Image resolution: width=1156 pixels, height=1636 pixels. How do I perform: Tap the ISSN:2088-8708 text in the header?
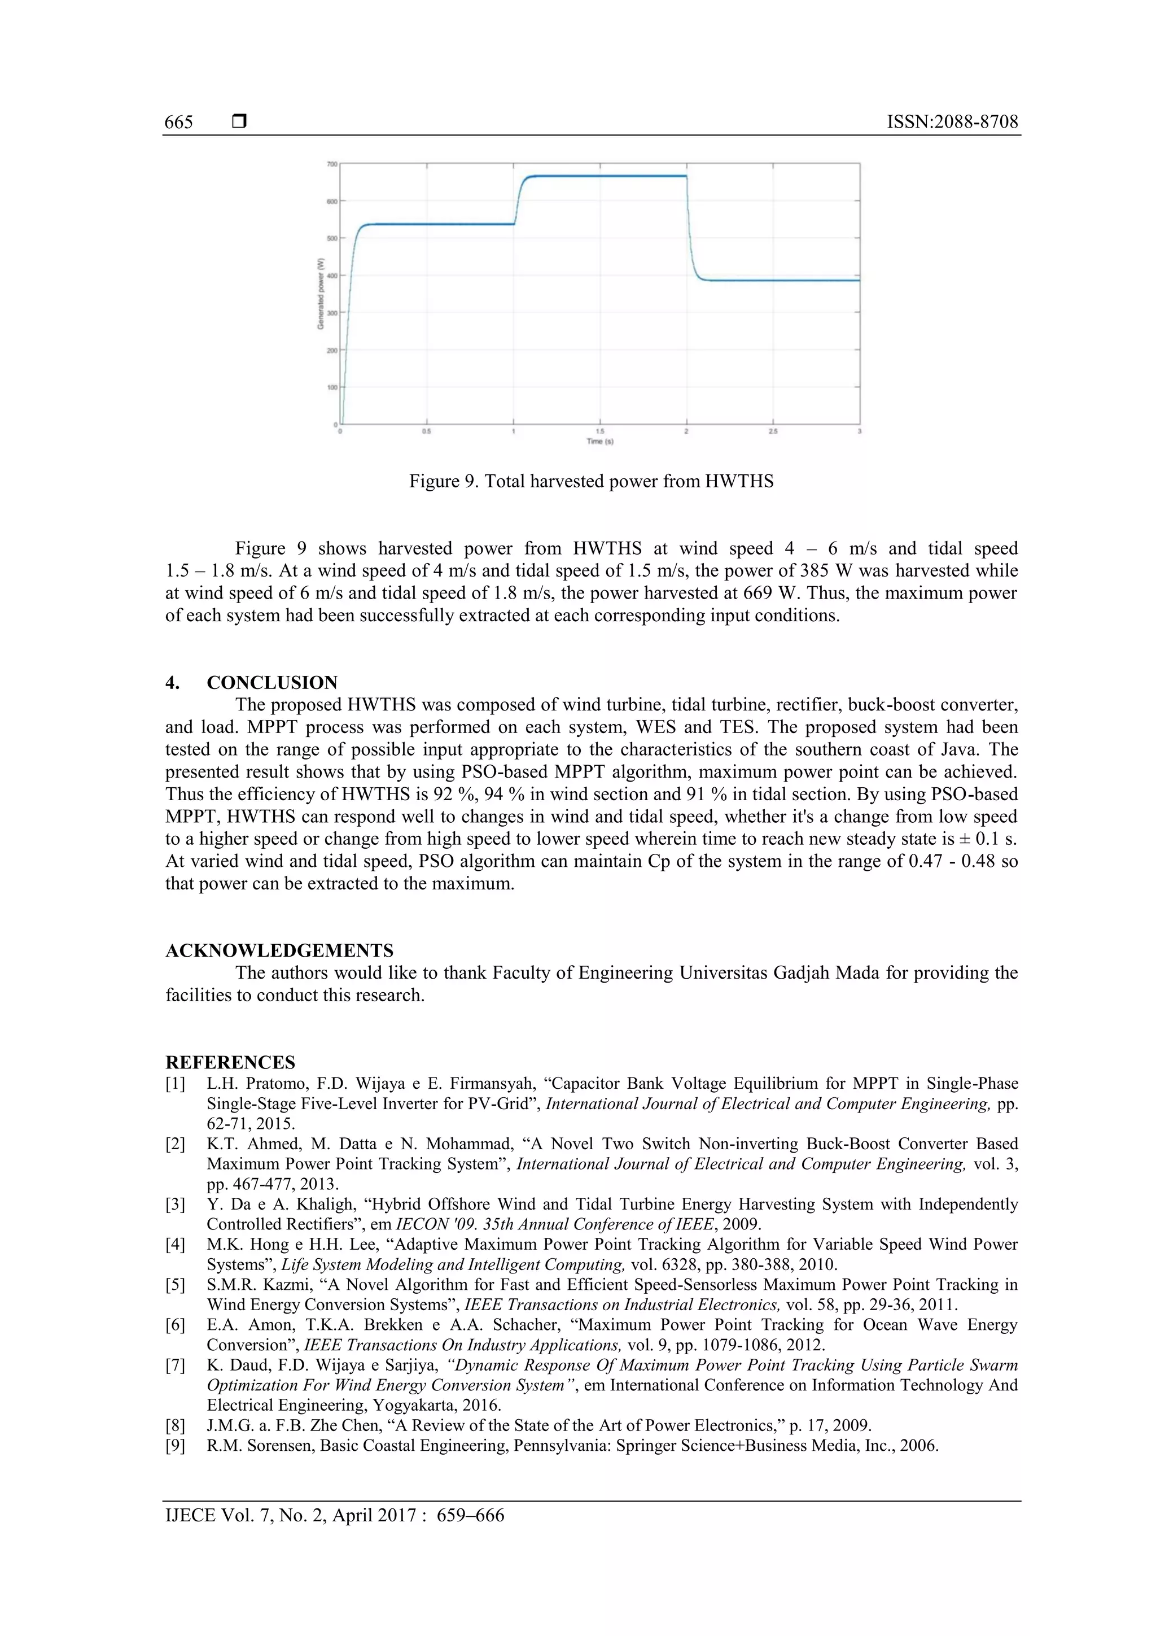tap(952, 122)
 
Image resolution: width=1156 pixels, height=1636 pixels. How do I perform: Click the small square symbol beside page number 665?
tap(239, 122)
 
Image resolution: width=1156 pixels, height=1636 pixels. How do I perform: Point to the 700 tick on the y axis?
tap(332, 164)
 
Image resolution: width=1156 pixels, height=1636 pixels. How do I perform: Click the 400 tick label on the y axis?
tap(332, 276)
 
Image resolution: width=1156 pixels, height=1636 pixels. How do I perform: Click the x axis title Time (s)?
tap(599, 442)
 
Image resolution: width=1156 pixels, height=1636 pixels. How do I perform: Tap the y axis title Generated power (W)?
tap(321, 294)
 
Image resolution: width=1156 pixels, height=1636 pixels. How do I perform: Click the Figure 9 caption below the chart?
tap(590, 482)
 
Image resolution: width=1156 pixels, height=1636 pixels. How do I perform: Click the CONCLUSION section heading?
tap(272, 683)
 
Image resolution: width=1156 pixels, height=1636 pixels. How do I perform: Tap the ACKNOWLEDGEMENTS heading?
tap(279, 950)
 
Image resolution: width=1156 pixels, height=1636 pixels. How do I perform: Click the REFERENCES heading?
tap(230, 1062)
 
